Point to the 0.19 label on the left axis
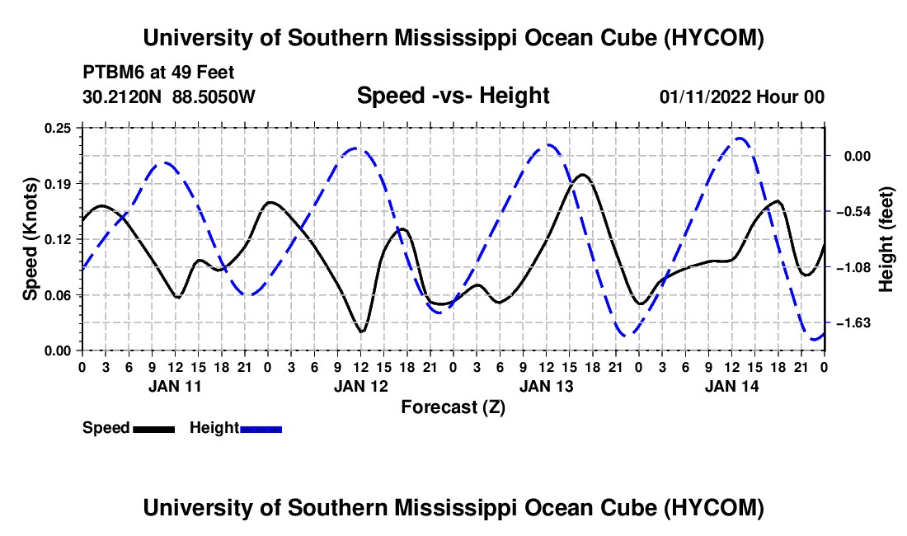(58, 184)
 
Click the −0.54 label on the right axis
(850, 212)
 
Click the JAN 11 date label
(175, 386)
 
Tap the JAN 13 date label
(546, 386)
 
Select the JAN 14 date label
(731, 386)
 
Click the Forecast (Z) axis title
(453, 407)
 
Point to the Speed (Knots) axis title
(30, 239)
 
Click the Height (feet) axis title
(886, 239)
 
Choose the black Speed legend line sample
(154, 429)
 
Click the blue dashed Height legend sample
(261, 429)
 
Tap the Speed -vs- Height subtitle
(453, 96)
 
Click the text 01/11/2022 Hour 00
(741, 96)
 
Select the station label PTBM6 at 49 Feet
(158, 73)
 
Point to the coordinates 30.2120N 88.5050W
(168, 96)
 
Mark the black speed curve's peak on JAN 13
(582, 174)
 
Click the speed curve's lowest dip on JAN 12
(361, 331)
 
